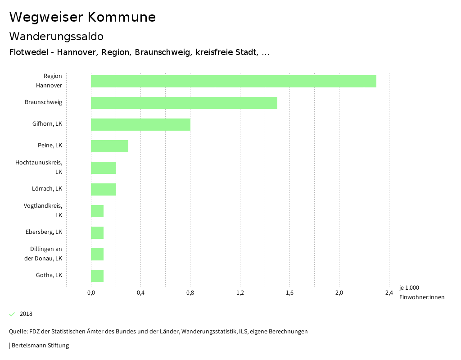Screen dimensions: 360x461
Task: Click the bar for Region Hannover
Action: (233, 81)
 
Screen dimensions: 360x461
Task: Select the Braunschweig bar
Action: (184, 103)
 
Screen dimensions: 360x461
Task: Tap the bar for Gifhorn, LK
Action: (140, 124)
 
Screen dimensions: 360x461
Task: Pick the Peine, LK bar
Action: (109, 146)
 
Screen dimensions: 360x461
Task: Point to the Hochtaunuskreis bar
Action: (103, 168)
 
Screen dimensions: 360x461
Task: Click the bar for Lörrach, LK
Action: (103, 189)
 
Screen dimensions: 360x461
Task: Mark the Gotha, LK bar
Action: (97, 276)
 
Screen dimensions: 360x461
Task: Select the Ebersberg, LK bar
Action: (97, 232)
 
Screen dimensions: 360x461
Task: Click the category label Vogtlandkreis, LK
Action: (43, 210)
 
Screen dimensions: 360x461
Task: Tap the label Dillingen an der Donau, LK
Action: (43, 254)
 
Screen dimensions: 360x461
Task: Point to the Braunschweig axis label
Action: (43, 102)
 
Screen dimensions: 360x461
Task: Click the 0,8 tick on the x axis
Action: (190, 293)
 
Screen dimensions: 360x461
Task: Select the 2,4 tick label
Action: (389, 293)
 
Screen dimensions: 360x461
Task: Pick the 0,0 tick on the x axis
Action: (91, 293)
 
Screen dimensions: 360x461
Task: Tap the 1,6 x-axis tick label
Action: (289, 293)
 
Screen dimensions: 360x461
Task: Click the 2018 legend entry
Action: (26, 314)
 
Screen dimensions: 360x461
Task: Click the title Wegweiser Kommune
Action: (82, 17)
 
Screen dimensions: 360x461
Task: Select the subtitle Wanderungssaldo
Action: (56, 36)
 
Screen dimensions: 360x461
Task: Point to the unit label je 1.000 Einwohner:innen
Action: (421, 292)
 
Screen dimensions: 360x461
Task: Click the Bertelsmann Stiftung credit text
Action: (40, 346)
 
